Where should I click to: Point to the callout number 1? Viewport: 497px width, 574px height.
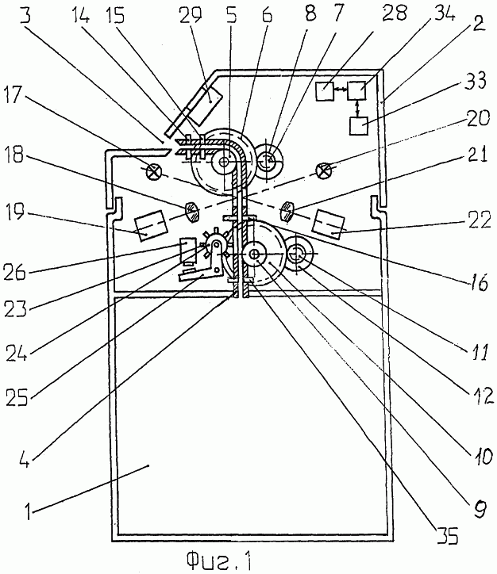click(x=29, y=511)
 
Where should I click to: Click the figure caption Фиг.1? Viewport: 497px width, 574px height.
click(x=218, y=561)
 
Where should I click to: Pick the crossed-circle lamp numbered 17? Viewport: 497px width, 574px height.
click(x=152, y=171)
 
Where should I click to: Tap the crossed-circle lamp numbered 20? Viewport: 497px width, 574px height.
click(x=324, y=170)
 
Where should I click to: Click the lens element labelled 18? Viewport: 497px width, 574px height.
click(x=192, y=212)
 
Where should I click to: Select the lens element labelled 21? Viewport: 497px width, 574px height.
click(x=287, y=212)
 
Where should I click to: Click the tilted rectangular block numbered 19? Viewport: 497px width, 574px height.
click(x=152, y=225)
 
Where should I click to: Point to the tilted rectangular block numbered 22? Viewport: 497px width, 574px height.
click(x=329, y=224)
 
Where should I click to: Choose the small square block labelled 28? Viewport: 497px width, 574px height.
click(x=325, y=91)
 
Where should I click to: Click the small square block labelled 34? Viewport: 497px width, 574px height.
click(x=356, y=90)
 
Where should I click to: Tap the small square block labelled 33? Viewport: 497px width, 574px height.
click(x=358, y=126)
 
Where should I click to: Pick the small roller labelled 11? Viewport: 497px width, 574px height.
click(x=299, y=254)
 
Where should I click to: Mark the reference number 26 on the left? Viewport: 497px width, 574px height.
click(x=14, y=272)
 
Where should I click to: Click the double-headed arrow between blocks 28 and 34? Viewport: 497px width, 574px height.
click(x=341, y=89)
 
